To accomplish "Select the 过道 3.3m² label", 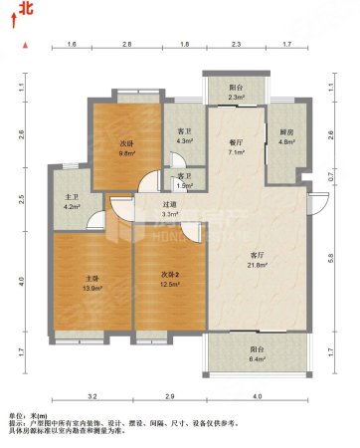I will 170,209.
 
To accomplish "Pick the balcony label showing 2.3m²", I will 235,91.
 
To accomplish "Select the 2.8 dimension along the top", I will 127,46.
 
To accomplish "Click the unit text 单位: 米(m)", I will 33,414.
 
